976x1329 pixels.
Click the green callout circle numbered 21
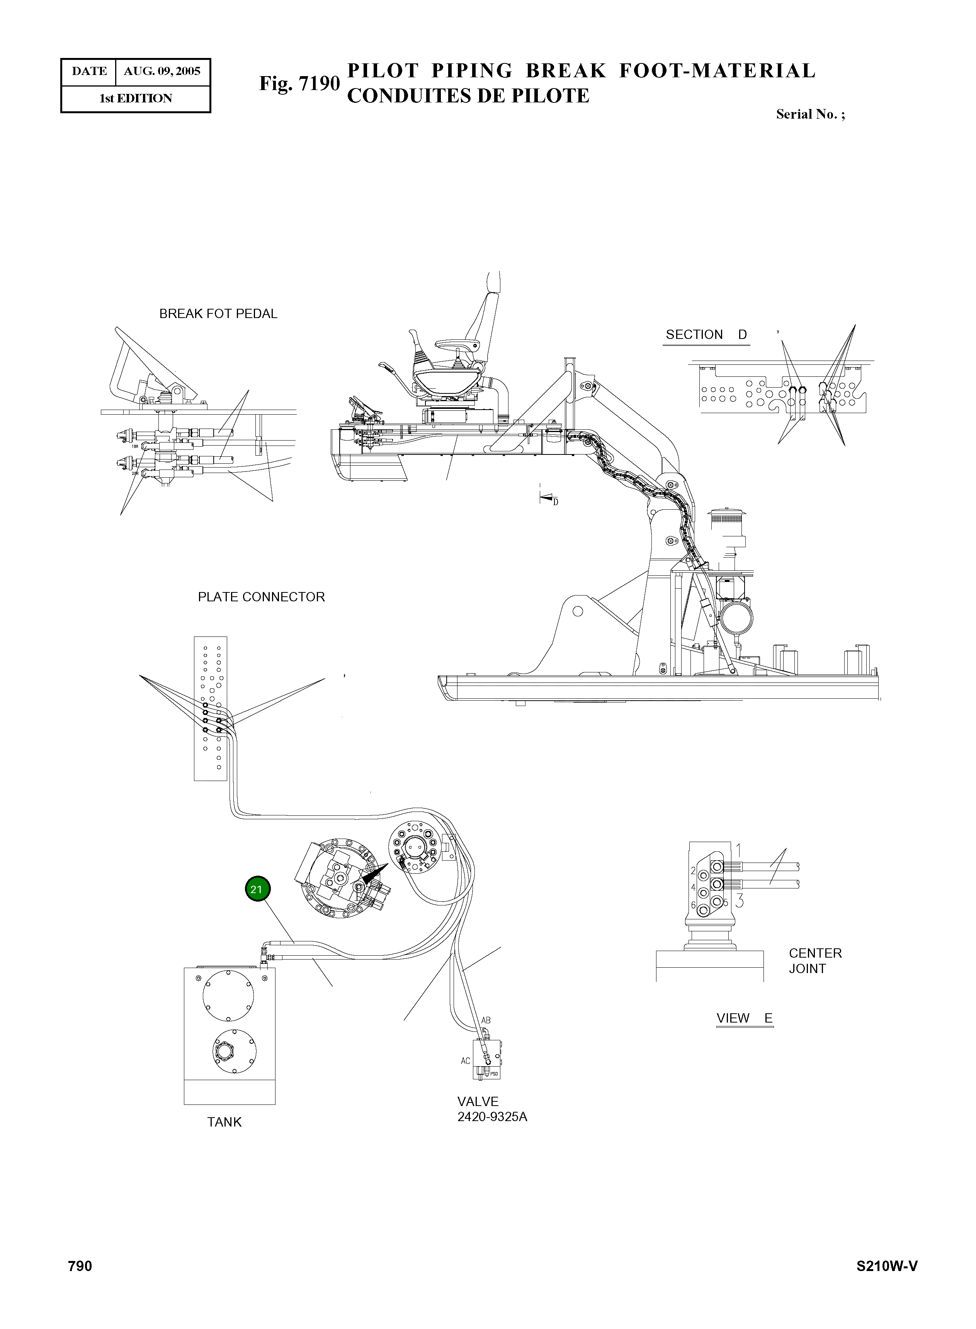pos(257,889)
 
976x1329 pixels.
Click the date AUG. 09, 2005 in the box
pos(162,71)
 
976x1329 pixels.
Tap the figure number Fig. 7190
pos(299,83)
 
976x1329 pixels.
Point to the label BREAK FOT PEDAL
pos(218,314)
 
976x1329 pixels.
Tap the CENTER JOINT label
pos(815,961)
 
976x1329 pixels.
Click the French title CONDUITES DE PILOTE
pos(468,96)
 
